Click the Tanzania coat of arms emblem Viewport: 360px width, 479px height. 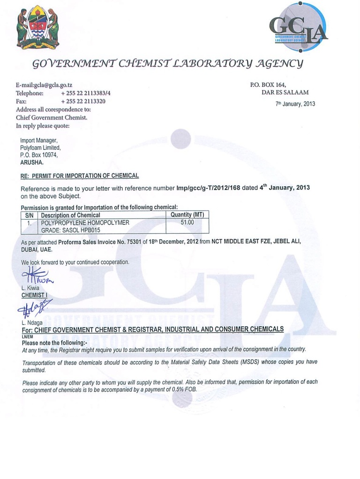pyautogui.click(x=37, y=29)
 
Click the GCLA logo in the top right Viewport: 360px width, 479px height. pyautogui.click(x=299, y=28)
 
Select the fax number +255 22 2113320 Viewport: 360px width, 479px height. pyautogui.click(x=83, y=101)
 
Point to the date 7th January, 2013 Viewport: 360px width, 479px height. pyautogui.click(x=295, y=104)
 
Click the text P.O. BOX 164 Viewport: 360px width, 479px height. pyautogui.click(x=268, y=85)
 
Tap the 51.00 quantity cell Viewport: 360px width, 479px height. pyautogui.click(x=187, y=222)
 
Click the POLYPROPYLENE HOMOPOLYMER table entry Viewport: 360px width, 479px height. pyautogui.click(x=85, y=222)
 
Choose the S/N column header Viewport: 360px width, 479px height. pyautogui.click(x=29, y=215)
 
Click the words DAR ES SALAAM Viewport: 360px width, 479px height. pyautogui.click(x=285, y=92)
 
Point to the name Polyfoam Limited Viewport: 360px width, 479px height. pyautogui.click(x=40, y=147)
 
